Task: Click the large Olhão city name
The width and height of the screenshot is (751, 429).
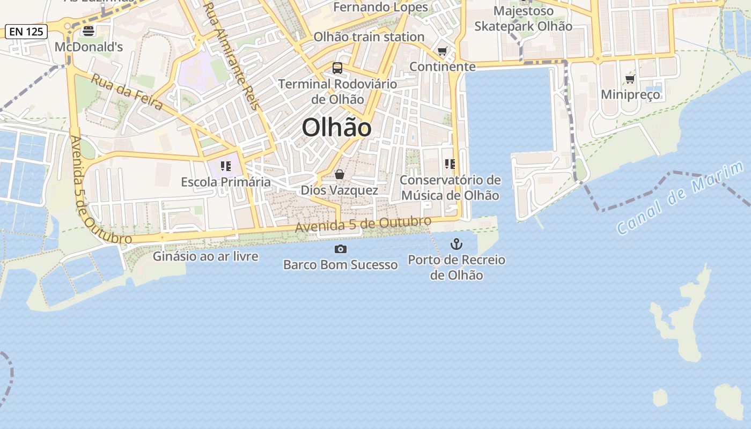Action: [x=336, y=128]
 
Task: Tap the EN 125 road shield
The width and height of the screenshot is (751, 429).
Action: [x=26, y=32]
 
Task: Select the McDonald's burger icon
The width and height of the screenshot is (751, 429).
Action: [x=89, y=32]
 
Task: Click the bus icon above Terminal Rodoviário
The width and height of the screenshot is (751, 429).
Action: [x=337, y=68]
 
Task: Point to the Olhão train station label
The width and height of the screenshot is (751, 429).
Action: [x=369, y=37]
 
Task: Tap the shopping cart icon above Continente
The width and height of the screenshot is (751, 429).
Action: [x=442, y=51]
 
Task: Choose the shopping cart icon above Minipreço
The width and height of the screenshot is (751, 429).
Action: [x=630, y=79]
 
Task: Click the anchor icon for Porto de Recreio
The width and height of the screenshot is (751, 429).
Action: [x=456, y=245]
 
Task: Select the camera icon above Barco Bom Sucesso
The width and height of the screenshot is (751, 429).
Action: [x=340, y=249]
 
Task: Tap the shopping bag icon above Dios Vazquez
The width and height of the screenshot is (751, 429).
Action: [x=339, y=174]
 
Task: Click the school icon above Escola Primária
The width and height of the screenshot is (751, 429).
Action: [x=226, y=166]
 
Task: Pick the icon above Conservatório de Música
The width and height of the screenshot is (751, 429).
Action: [x=450, y=164]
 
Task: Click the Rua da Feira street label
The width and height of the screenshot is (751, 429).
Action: [x=127, y=92]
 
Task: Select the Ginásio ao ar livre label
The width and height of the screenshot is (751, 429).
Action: [x=205, y=256]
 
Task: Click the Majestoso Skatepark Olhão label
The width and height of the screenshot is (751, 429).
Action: [x=523, y=19]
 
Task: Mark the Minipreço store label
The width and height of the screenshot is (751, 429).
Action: [x=630, y=95]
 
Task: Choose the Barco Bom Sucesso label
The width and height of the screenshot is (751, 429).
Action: [x=340, y=264]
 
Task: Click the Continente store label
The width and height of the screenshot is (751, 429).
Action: [x=443, y=66]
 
